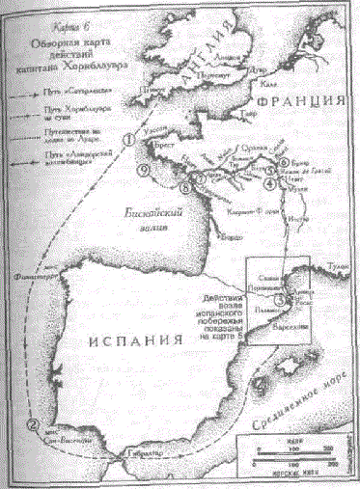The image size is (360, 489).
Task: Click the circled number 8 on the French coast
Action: coord(183,177)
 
